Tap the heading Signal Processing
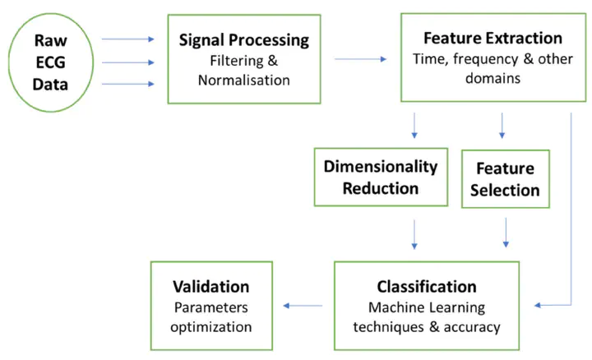[244, 40]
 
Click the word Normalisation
[244, 81]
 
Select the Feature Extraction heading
[493, 38]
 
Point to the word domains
[493, 78]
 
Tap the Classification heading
[427, 287]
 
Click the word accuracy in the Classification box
[472, 327]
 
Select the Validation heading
[211, 287]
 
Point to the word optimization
[211, 327]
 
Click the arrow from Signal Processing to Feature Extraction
[361, 59]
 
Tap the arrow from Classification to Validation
[303, 306]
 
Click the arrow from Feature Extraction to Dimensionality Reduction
[414, 125]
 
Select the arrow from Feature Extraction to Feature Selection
[502, 125]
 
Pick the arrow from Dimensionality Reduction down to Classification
[414, 234]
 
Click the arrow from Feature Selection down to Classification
[506, 233]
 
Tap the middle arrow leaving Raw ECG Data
[128, 62]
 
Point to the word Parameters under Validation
[211, 307]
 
